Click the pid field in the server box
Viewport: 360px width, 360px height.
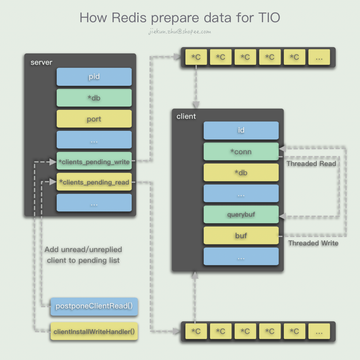(94, 77)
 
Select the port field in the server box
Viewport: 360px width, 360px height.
(94, 119)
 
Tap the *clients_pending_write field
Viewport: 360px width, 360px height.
(94, 162)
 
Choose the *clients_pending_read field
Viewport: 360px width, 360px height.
(94, 182)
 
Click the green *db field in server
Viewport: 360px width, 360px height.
(94, 98)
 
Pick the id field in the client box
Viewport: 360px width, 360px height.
(241, 130)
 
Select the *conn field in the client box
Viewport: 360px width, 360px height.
(241, 152)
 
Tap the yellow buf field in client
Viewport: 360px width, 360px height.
(241, 236)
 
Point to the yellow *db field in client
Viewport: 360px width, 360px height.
(241, 173)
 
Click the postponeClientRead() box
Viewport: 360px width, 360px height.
(94, 306)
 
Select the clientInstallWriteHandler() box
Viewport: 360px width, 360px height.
(94, 331)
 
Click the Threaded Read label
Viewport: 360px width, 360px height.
(311, 163)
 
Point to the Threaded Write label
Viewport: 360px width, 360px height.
(313, 243)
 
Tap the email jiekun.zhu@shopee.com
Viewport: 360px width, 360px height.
(180, 31)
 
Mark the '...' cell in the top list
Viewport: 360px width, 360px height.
(319, 57)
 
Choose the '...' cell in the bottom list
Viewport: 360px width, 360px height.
(319, 332)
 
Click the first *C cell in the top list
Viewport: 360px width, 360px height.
(196, 57)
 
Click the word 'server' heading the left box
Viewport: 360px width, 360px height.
(41, 63)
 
